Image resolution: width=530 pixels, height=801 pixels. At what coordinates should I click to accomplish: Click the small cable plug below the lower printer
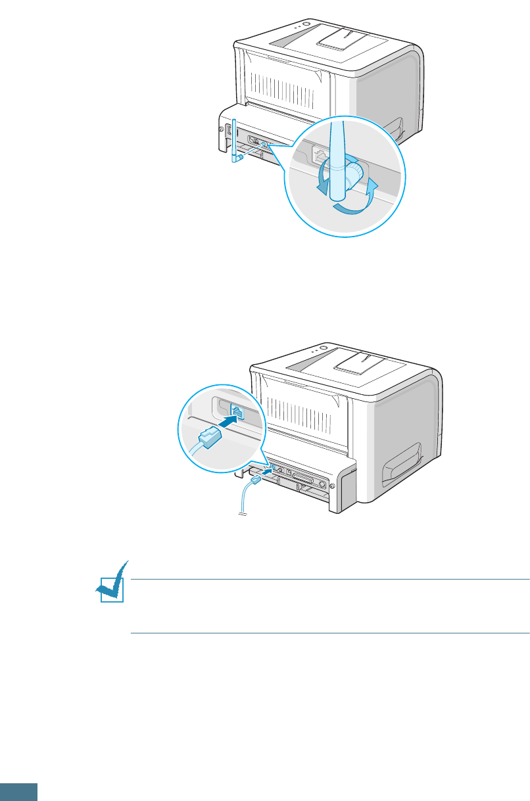[253, 482]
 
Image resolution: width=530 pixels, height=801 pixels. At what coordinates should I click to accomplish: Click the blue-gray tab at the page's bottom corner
[18, 792]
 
